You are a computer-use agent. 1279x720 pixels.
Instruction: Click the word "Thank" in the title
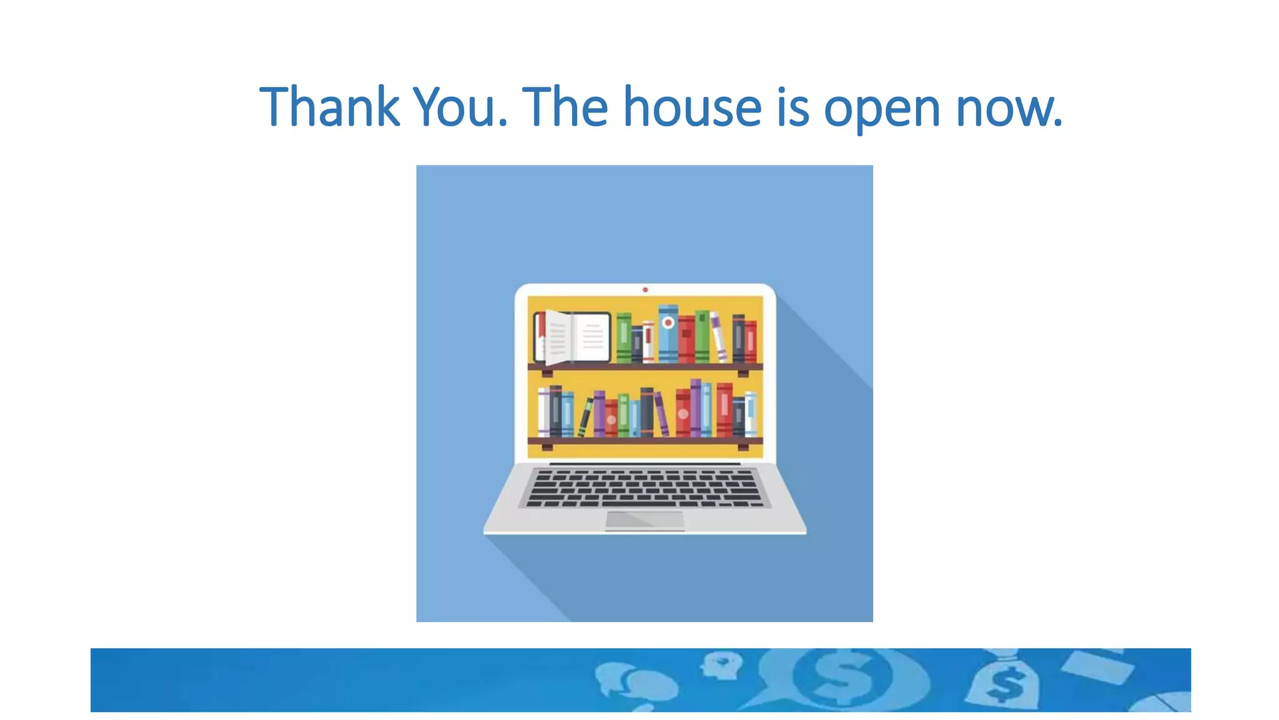[329, 107]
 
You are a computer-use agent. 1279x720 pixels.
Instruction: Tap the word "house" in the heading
[692, 107]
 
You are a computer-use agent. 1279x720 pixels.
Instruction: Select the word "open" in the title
[881, 109]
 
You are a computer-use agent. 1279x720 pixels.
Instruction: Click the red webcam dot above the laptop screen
[645, 290]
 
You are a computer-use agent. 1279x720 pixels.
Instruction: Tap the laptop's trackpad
[644, 520]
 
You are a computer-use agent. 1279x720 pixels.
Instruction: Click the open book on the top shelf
[572, 337]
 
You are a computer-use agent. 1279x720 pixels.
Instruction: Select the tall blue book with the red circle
[668, 334]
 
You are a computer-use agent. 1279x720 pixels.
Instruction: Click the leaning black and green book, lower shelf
[585, 417]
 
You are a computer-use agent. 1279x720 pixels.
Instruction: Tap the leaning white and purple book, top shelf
[718, 337]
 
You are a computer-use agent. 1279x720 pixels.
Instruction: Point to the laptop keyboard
[644, 488]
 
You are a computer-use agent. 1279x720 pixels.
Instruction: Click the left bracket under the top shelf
[547, 373]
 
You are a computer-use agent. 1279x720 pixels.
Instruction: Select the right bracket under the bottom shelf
[743, 447]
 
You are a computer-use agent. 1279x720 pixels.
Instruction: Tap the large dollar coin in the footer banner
[843, 676]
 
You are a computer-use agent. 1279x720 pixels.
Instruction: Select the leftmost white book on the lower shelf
[543, 412]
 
